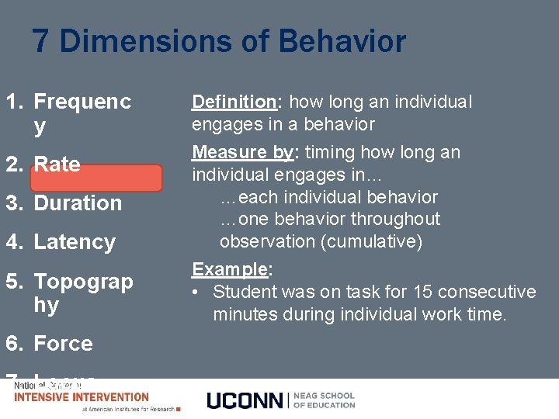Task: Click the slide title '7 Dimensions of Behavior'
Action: [x=219, y=41]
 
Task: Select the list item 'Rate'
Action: [x=57, y=164]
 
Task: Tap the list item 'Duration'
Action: [x=78, y=203]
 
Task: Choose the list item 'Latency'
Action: [x=75, y=242]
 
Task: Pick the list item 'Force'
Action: [x=63, y=343]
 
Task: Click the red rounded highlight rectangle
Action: [x=96, y=178]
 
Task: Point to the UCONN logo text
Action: [x=245, y=400]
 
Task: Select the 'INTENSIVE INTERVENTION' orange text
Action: [x=82, y=397]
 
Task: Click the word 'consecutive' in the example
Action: [x=487, y=292]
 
